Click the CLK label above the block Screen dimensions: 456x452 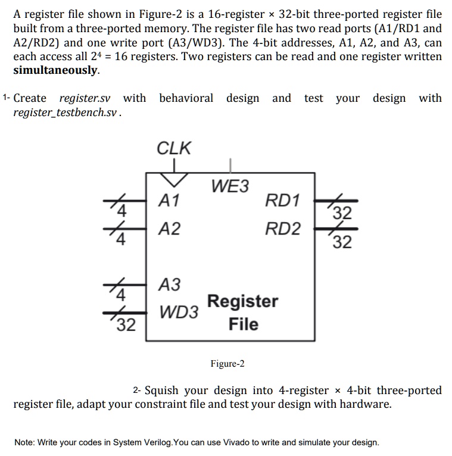pos(174,148)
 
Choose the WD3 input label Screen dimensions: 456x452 pos(179,311)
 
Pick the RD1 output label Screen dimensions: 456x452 pos(283,201)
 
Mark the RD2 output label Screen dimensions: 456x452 pos(283,229)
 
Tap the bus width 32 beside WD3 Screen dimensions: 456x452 pos(126,325)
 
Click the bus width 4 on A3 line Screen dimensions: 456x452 pos(121,295)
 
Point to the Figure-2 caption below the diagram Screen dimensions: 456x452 pos(227,364)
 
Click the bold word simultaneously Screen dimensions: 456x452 pos(56,70)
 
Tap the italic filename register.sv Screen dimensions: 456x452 pos(85,98)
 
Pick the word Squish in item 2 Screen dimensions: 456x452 pos(163,391)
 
